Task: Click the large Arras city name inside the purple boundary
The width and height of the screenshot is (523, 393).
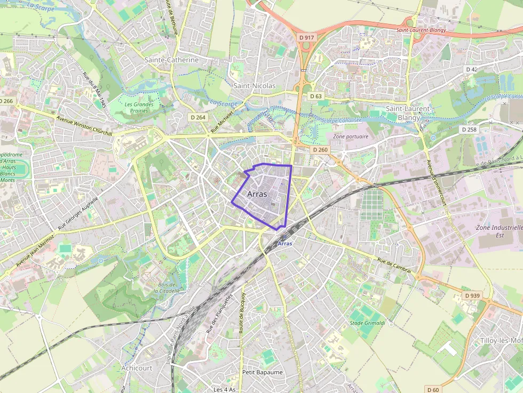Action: [x=257, y=194]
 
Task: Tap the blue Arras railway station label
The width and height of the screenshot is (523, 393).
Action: [x=286, y=243]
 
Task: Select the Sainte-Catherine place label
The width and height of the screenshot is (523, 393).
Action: [x=171, y=60]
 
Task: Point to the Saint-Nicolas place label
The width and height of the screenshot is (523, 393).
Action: [x=255, y=85]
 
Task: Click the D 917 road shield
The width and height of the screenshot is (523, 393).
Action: [x=307, y=37]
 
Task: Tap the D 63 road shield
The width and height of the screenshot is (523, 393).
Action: [x=315, y=96]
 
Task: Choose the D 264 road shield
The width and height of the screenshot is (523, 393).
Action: [x=197, y=117]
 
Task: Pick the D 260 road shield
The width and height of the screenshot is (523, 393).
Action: [x=320, y=150]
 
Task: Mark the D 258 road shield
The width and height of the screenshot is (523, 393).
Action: [x=469, y=130]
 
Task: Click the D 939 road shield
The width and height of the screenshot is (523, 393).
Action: [x=472, y=295]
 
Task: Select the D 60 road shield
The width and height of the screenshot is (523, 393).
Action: [x=433, y=389]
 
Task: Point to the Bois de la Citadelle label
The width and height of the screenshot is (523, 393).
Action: [x=168, y=288]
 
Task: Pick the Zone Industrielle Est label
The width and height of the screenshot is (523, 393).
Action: [x=499, y=231]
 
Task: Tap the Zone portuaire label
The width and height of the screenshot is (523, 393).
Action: [x=351, y=137]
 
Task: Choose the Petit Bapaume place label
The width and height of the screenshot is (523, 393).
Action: [x=262, y=372]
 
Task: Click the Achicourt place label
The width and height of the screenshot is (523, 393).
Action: [x=137, y=368]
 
